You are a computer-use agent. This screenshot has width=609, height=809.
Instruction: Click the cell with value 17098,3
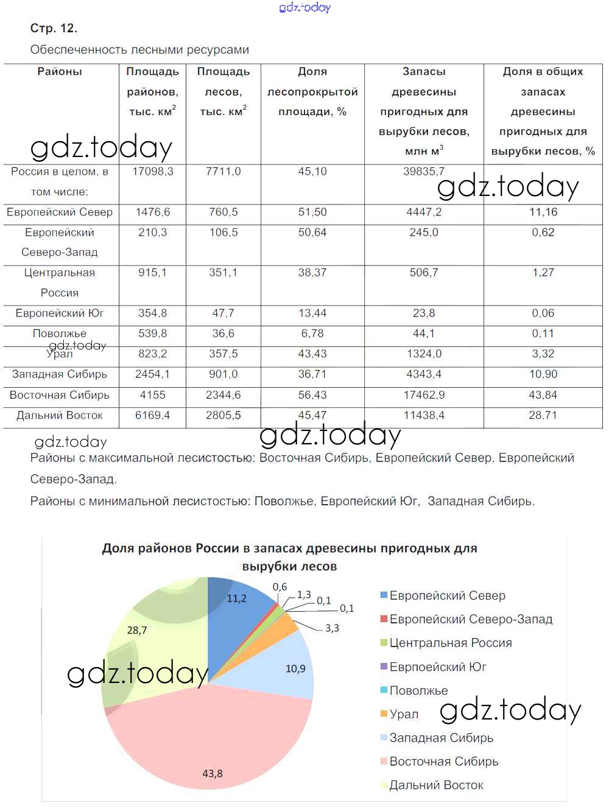click(x=152, y=172)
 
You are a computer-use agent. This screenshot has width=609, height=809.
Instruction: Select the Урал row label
click(x=60, y=354)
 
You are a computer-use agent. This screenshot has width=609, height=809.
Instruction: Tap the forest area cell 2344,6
click(x=223, y=395)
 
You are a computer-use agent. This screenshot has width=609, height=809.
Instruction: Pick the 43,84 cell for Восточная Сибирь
click(x=543, y=395)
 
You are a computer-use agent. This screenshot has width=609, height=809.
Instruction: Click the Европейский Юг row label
click(x=60, y=313)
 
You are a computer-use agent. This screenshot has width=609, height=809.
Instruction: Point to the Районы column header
click(x=60, y=72)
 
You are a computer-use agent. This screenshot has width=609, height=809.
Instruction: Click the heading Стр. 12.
click(x=54, y=29)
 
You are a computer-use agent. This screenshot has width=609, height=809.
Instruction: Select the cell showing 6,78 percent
click(x=312, y=334)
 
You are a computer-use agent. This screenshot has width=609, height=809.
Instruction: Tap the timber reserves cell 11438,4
click(x=424, y=415)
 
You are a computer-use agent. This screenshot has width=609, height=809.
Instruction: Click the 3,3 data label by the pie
click(x=332, y=628)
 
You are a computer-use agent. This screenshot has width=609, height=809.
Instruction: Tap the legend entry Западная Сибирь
click(x=441, y=738)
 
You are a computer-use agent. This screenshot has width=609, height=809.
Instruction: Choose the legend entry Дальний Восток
click(x=436, y=785)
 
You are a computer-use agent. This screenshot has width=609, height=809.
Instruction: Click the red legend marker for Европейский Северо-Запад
click(x=384, y=619)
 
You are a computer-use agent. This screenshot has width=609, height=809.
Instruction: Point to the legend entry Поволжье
click(x=418, y=690)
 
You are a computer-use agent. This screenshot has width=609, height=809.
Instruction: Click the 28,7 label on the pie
click(x=137, y=631)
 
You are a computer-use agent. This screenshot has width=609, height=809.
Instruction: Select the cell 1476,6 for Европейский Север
click(x=152, y=212)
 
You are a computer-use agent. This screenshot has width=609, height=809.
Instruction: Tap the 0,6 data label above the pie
click(x=280, y=587)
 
